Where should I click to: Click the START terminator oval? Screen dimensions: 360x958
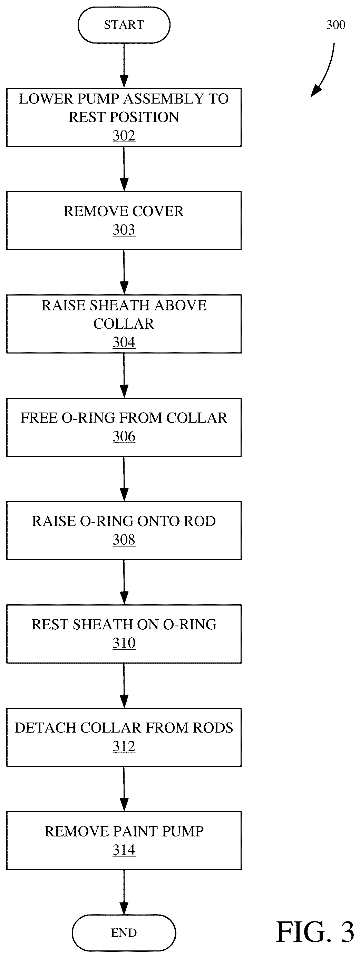[x=124, y=25]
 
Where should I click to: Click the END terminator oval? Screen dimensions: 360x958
[x=124, y=932]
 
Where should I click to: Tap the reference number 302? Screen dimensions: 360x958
[x=124, y=136]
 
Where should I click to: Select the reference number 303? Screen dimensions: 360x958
[x=124, y=230]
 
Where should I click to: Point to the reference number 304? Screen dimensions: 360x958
[x=124, y=342]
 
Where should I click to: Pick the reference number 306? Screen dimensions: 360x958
[x=124, y=437]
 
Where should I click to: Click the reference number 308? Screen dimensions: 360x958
[x=124, y=540]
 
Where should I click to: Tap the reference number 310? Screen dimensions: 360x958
[x=124, y=643]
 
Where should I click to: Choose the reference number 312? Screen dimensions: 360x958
[x=124, y=746]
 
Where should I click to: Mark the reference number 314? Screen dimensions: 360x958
[x=124, y=850]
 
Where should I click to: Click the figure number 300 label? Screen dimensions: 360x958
[x=335, y=25]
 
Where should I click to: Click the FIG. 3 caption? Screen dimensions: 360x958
[x=315, y=932]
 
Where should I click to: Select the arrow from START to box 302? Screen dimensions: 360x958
[x=124, y=66]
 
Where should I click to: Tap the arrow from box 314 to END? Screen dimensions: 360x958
[x=124, y=892]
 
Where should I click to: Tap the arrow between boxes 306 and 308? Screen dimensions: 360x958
[x=124, y=479]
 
